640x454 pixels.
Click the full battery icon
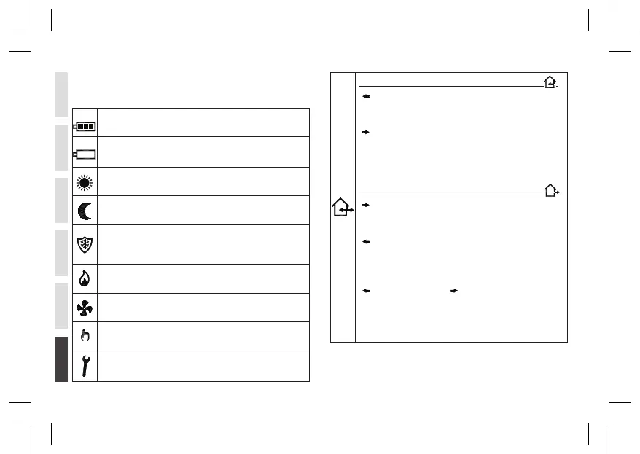click(x=85, y=125)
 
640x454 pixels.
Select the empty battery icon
click(x=85, y=154)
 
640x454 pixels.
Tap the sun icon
click(x=85, y=182)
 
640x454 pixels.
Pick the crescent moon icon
click(x=85, y=211)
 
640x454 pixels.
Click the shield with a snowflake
click(x=85, y=243)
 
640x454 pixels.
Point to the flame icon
click(x=85, y=279)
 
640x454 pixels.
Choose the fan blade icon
click(x=85, y=308)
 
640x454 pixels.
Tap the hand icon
click(x=85, y=336)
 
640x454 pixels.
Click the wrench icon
click(x=85, y=367)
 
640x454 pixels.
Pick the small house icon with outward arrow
click(x=553, y=191)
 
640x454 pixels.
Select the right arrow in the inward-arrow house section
click(x=366, y=133)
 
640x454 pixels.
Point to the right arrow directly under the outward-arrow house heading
click(x=366, y=206)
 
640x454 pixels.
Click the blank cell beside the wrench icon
click(x=203, y=367)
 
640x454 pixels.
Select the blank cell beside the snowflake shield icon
click(x=203, y=243)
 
